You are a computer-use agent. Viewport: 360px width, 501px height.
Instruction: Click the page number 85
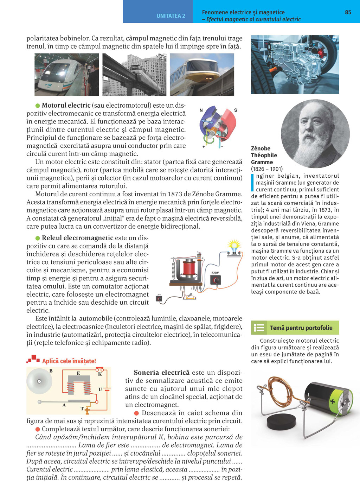tap(348, 12)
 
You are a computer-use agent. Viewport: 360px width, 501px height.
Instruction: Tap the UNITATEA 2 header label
tap(171, 16)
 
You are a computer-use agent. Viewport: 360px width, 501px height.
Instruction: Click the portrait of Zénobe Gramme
tap(315, 133)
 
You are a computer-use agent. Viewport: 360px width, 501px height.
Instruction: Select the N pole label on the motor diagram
tap(201, 110)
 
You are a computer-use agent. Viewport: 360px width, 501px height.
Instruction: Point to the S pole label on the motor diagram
tap(236, 110)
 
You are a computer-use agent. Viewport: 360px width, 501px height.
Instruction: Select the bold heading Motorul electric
tap(66, 105)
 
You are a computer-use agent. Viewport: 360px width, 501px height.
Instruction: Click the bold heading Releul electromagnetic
tap(77, 238)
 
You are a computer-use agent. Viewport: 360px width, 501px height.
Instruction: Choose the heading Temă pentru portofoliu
tap(301, 328)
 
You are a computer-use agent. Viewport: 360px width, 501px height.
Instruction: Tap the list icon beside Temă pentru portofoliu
tap(259, 328)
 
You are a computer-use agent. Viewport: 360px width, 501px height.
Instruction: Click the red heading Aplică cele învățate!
tap(69, 361)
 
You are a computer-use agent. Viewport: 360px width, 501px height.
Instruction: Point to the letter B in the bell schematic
tap(51, 371)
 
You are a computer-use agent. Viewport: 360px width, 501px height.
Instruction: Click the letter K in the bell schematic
tap(100, 374)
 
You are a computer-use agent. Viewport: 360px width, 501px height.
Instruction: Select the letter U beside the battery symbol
tap(100, 389)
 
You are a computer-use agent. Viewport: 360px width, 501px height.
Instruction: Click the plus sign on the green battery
tap(332, 401)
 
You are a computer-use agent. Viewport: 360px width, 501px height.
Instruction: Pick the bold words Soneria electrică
tap(161, 373)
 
